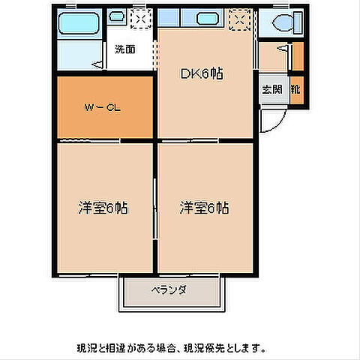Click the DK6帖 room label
click(x=203, y=73)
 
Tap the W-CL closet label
click(x=103, y=107)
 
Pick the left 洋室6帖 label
click(x=103, y=208)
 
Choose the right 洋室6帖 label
click(x=204, y=208)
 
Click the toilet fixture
click(x=284, y=22)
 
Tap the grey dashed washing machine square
click(x=139, y=18)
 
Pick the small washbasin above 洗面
click(x=116, y=16)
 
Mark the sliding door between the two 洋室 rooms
click(x=156, y=207)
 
